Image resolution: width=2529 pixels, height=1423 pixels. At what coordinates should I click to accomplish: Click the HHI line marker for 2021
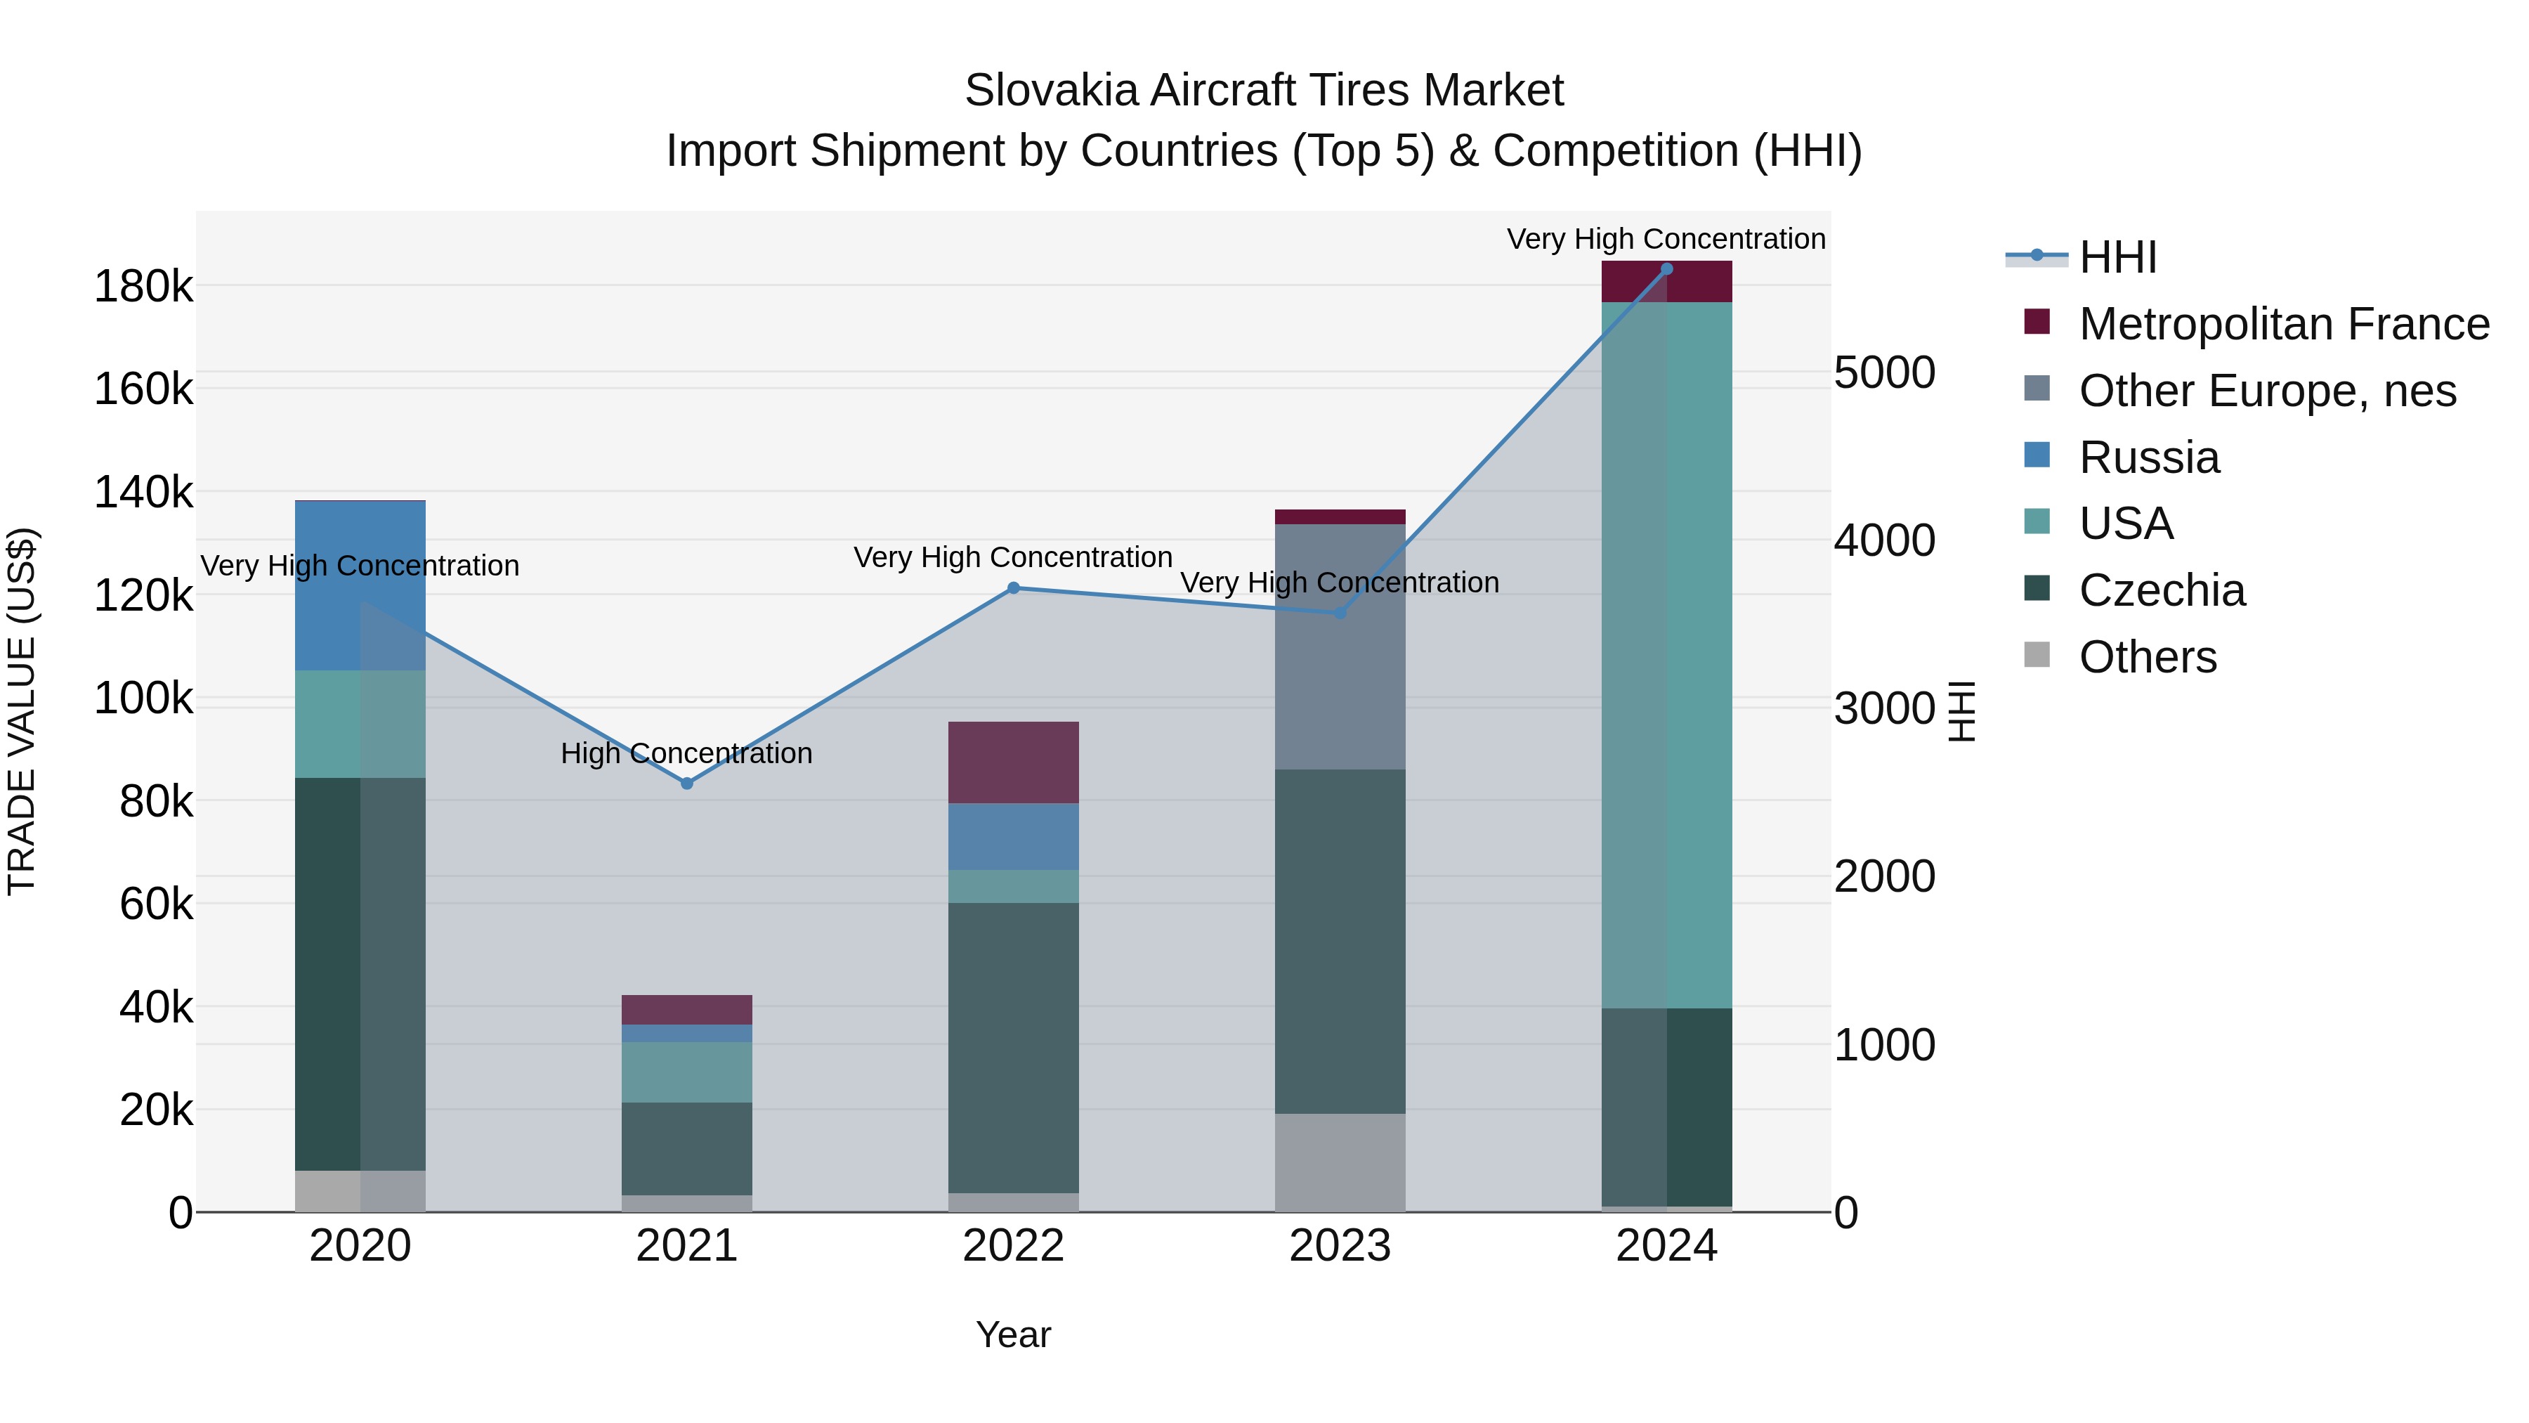[687, 784]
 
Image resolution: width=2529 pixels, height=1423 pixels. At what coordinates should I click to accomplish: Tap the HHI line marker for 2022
[1014, 588]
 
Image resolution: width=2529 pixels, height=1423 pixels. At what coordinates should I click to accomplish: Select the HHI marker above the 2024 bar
[1667, 269]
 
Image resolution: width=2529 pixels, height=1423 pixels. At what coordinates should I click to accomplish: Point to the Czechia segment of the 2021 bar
[686, 1149]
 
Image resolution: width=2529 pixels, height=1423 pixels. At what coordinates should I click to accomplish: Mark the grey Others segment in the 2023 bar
[1340, 1163]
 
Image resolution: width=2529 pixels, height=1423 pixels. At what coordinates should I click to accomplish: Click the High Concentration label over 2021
[686, 753]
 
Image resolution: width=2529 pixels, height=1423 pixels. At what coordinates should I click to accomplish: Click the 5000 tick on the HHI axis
[1885, 373]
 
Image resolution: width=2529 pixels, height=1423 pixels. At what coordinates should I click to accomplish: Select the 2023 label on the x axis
[1340, 1247]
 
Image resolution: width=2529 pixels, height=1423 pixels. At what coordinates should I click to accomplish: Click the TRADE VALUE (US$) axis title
[22, 711]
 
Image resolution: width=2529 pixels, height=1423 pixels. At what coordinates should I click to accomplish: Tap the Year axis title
[1013, 1336]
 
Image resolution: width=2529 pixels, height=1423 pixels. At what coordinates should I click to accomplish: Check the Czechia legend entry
[2161, 591]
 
